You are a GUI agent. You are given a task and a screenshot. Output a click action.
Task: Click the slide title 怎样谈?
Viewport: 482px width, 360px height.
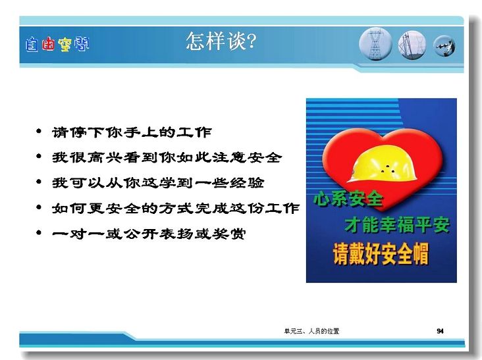[221, 41]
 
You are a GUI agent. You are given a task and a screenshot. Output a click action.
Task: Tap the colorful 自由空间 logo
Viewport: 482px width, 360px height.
[57, 45]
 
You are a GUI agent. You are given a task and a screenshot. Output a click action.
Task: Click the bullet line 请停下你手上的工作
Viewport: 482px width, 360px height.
[132, 132]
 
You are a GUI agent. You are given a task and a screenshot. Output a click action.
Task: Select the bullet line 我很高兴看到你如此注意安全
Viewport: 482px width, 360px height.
[167, 157]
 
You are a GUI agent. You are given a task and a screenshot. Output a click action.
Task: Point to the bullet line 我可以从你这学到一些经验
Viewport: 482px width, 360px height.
[158, 183]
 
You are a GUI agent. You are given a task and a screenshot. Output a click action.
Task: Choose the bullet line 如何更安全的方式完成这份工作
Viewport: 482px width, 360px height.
[176, 208]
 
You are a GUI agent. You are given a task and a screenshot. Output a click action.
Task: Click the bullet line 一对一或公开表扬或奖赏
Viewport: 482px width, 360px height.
[149, 234]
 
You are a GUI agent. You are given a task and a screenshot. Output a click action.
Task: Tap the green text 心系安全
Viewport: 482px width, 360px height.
[348, 199]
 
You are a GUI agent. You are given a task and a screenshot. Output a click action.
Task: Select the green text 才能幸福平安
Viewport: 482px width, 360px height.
[398, 224]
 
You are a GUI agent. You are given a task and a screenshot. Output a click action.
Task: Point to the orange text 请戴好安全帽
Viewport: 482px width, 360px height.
[381, 254]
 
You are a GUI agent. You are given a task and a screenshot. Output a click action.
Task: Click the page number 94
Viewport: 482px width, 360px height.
[440, 331]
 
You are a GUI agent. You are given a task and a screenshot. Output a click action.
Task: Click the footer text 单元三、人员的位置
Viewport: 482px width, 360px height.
[311, 331]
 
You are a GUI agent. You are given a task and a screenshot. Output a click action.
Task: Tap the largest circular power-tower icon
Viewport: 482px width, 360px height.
[375, 43]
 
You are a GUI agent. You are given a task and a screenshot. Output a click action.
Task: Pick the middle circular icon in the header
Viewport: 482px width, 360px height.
[412, 45]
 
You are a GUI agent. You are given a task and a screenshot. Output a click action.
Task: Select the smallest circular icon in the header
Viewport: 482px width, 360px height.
[444, 46]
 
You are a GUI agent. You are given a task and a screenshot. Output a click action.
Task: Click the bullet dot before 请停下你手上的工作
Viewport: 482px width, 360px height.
[39, 132]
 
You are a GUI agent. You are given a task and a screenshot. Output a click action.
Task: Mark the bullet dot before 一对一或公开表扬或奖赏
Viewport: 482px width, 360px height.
[39, 232]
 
